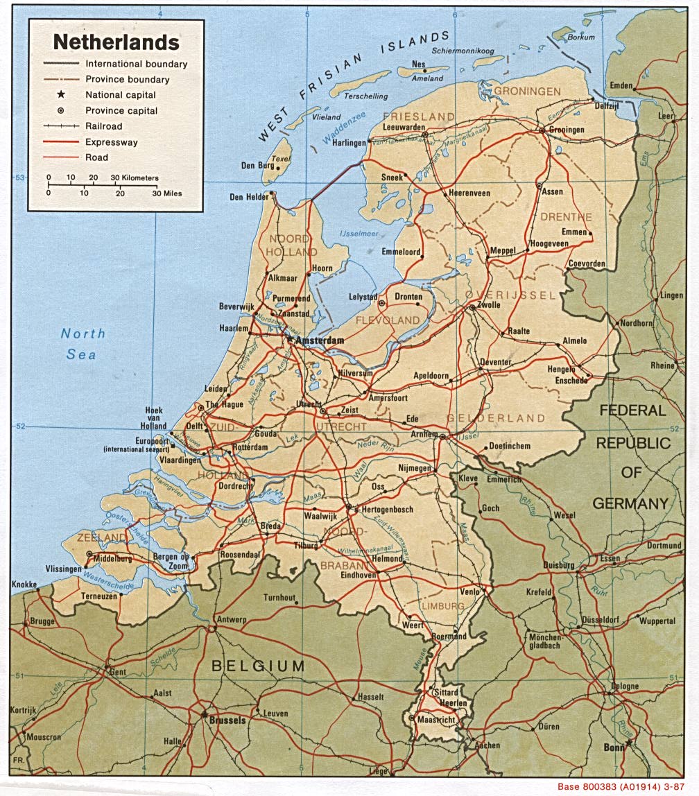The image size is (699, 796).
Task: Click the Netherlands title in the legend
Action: coord(116,42)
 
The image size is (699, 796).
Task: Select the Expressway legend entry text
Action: coord(112,142)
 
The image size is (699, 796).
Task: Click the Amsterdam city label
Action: coord(320,341)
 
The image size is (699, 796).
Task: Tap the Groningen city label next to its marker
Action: coord(566,130)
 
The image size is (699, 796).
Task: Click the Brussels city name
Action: coord(227,720)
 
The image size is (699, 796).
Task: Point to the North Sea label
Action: coord(83,344)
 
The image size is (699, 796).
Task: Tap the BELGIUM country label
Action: coord(258,666)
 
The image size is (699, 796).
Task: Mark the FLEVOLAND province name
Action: coord(388,320)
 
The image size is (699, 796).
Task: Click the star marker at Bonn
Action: coord(629,743)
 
